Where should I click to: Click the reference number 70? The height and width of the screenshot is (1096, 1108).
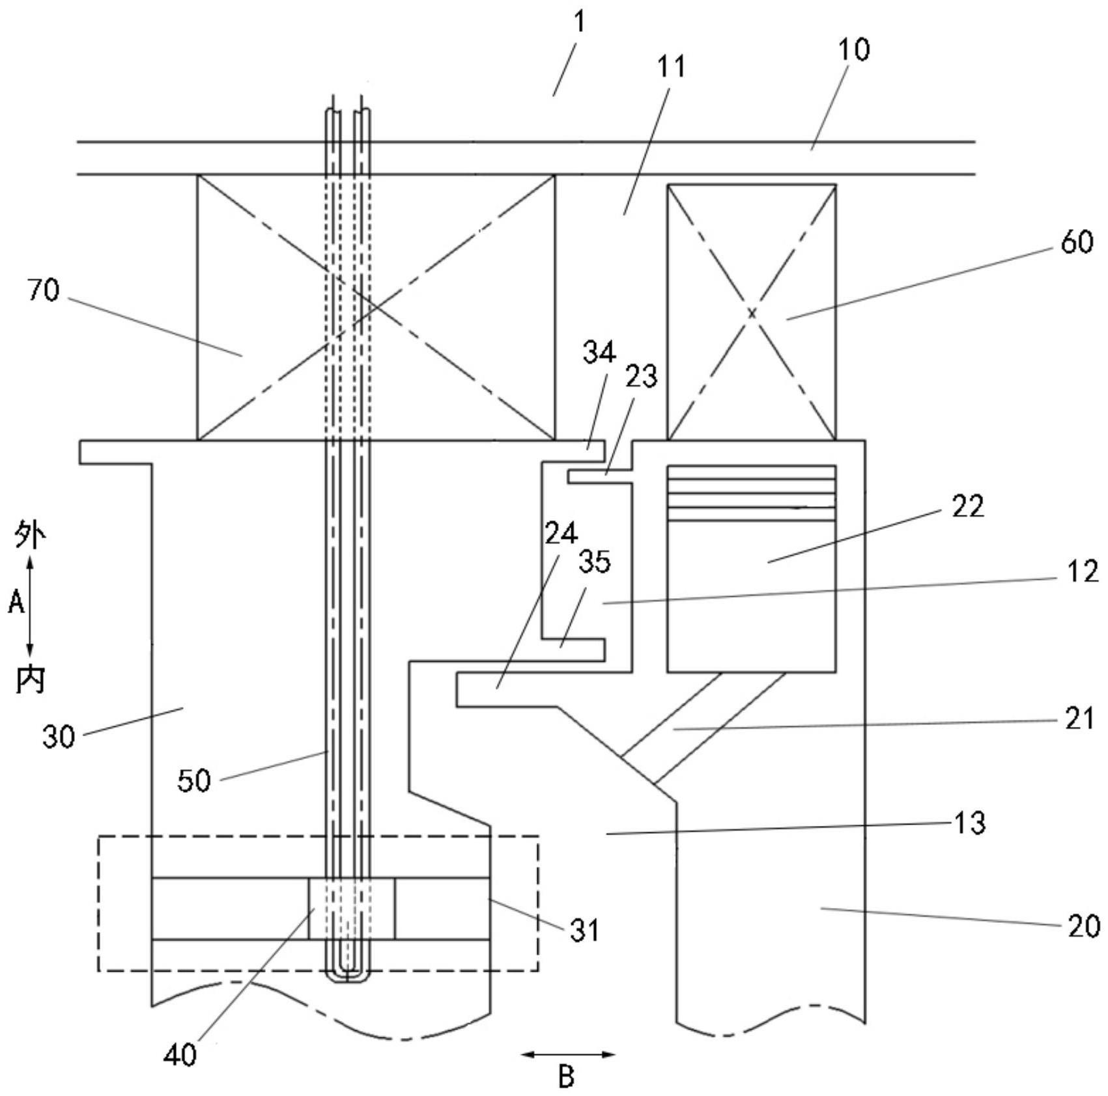(x=43, y=290)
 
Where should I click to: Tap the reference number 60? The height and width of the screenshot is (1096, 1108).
(x=1077, y=242)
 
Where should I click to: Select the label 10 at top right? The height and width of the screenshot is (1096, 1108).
(x=853, y=50)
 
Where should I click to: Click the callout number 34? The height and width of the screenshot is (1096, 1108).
(x=599, y=353)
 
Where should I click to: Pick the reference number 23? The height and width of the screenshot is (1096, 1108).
(x=641, y=377)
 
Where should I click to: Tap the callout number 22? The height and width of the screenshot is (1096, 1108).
(x=967, y=506)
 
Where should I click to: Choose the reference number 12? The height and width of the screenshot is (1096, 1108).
(x=1083, y=571)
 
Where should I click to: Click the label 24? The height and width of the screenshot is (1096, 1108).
(x=561, y=534)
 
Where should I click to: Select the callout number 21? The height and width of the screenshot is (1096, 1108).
(x=1079, y=718)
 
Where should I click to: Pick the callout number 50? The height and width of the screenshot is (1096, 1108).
(x=194, y=780)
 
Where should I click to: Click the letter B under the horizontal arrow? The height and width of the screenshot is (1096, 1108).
(x=566, y=1077)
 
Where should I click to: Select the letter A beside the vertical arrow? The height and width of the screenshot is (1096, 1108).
(x=16, y=603)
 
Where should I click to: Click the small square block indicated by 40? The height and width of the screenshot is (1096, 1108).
(x=351, y=909)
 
